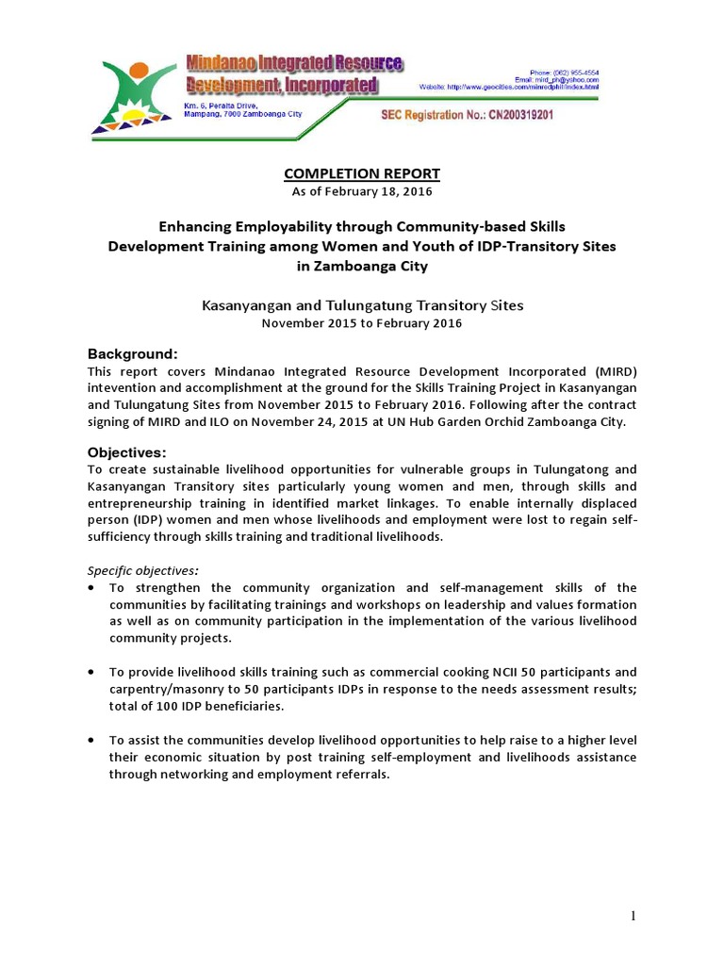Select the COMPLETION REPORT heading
click(362, 173)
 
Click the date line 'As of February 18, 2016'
click(362, 191)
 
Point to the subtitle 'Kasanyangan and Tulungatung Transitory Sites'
click(362, 305)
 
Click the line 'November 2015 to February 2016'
click(362, 323)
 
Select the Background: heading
click(132, 354)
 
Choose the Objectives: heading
click(126, 451)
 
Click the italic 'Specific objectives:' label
click(143, 570)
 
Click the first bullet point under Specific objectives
click(90, 587)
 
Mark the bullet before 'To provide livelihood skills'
click(90, 672)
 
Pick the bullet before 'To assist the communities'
click(90, 741)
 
